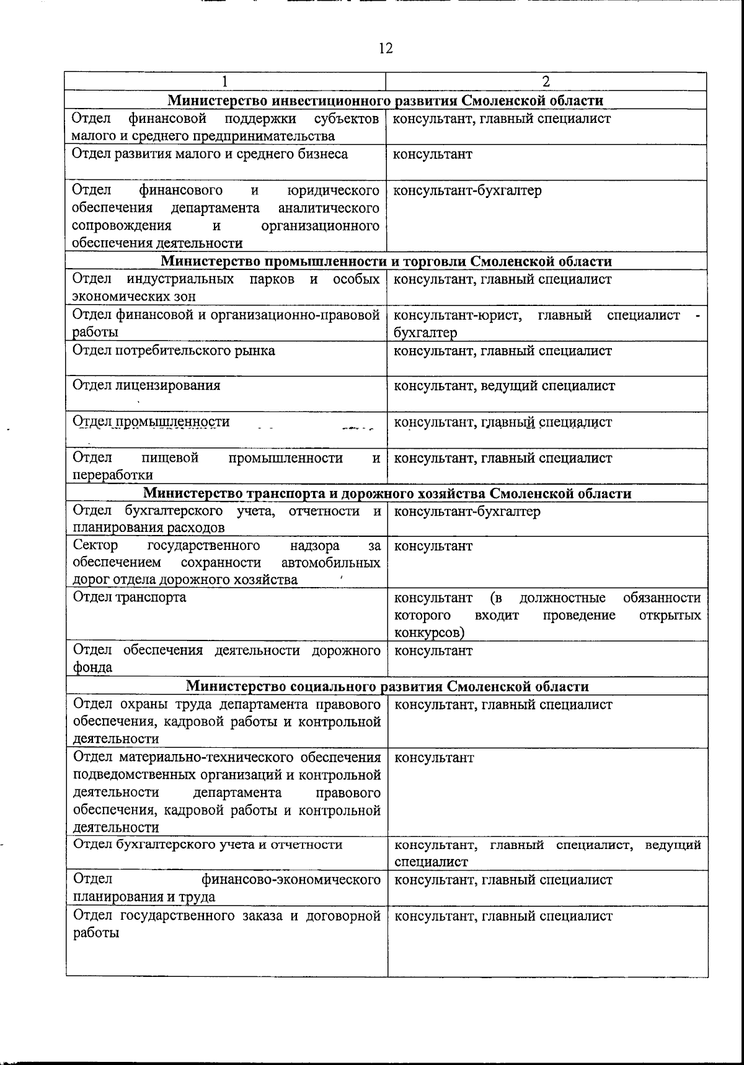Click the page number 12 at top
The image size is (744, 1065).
[385, 48]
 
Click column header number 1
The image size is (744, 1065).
[225, 81]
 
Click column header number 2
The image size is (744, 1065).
[546, 81]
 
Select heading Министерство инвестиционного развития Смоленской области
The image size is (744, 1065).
[386, 101]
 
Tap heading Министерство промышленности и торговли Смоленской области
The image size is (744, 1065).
[386, 261]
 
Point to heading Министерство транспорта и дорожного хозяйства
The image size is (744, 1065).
[387, 493]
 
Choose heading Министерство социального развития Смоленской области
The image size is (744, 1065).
[387, 686]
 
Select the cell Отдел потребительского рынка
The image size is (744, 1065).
[174, 351]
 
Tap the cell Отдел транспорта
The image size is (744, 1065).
[130, 597]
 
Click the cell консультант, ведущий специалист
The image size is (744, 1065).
[505, 386]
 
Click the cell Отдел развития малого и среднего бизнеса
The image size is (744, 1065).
[210, 154]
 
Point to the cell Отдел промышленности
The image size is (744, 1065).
[151, 422]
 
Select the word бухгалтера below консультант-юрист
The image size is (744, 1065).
[425, 333]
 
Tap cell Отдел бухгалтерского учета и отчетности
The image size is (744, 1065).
[208, 845]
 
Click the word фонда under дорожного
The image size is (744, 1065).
[93, 668]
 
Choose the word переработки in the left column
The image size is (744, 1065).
[113, 475]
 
